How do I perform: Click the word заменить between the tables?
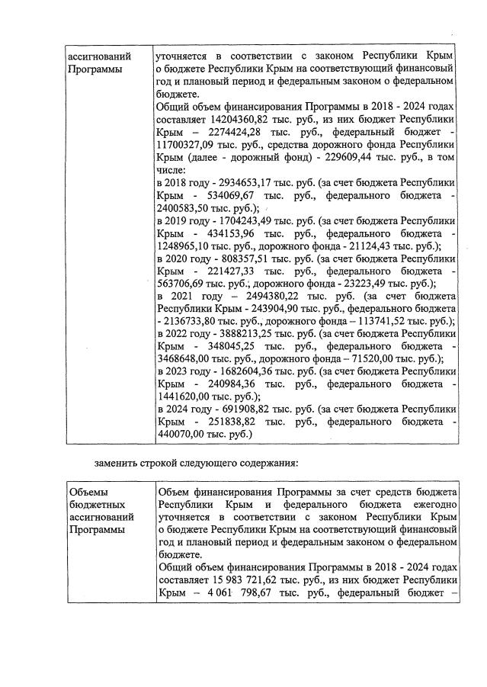click(x=118, y=462)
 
